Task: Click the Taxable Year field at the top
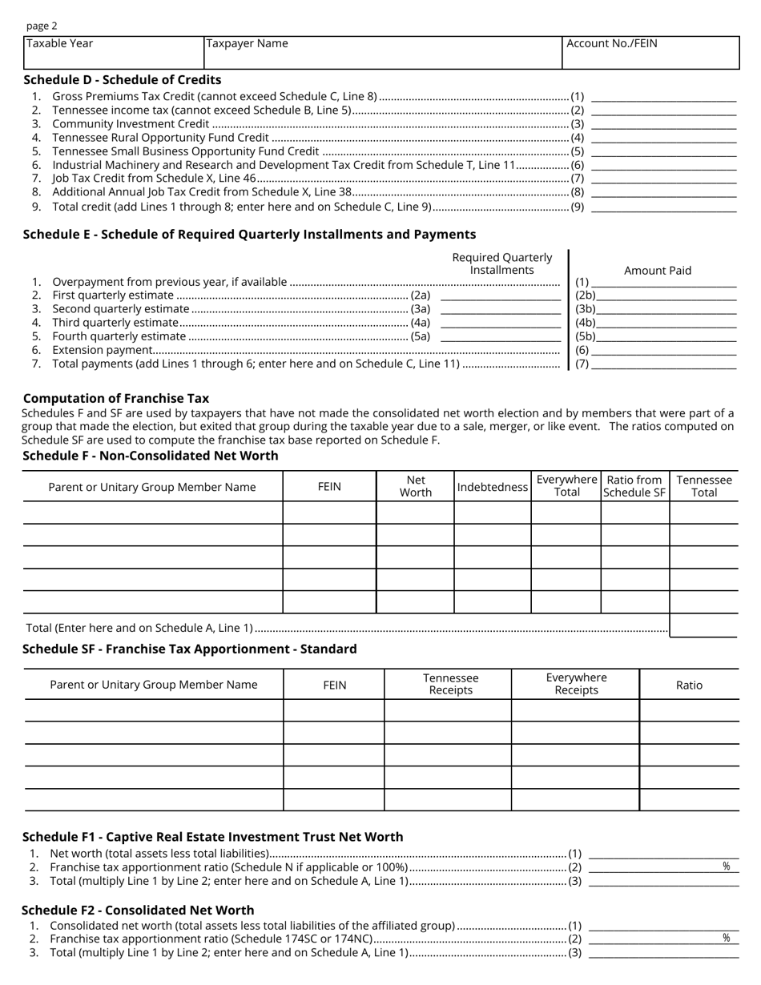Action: click(x=114, y=53)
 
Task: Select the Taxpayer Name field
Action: click(x=382, y=53)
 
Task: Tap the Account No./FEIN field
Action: click(x=650, y=53)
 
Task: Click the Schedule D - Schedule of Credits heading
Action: click(x=123, y=80)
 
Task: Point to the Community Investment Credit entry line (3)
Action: click(x=663, y=124)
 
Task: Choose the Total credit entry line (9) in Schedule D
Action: click(x=663, y=207)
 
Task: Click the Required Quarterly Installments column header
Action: click(x=502, y=263)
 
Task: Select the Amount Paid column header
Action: click(x=657, y=271)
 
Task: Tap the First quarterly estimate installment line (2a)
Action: click(x=501, y=295)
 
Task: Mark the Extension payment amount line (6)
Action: click(x=663, y=350)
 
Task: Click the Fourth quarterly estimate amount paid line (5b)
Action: click(x=666, y=336)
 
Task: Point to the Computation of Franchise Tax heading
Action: click(x=116, y=398)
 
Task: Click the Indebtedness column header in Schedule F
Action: click(x=492, y=487)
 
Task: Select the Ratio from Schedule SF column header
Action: click(x=634, y=486)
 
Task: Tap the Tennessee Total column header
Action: click(x=703, y=486)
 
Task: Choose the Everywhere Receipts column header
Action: click(x=575, y=684)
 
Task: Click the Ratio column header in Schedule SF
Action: click(x=689, y=685)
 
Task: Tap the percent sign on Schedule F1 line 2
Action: click(x=727, y=866)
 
